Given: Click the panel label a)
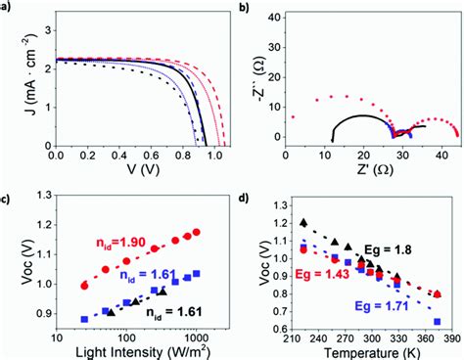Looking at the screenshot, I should tap(7, 7).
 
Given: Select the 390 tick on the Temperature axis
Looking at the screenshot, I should tap(449, 334).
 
